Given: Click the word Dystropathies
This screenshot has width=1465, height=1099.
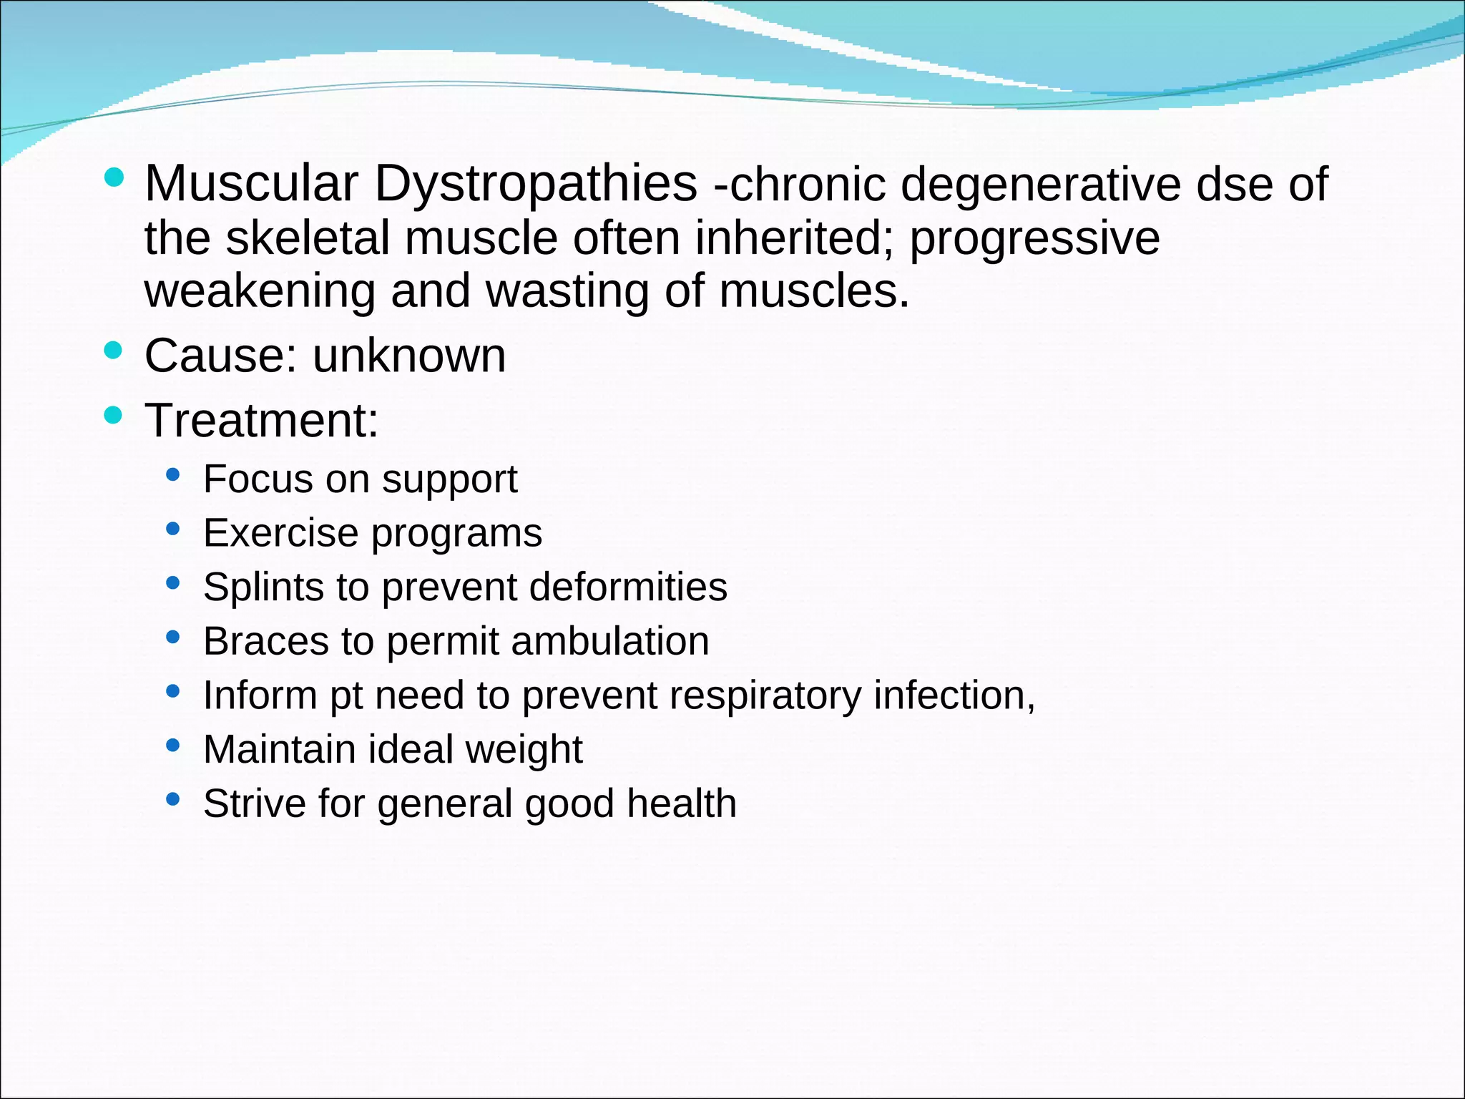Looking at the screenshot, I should (535, 184).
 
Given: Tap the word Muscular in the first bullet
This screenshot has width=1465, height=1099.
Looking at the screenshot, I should (251, 184).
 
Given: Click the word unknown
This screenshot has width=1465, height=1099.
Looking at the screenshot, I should (409, 356).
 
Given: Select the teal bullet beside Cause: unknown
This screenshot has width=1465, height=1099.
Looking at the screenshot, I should (113, 351).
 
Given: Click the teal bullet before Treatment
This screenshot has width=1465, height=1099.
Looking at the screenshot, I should (113, 415).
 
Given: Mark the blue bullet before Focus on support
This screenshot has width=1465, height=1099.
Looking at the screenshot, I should (172, 474).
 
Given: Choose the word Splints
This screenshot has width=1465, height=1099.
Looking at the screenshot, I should (264, 587).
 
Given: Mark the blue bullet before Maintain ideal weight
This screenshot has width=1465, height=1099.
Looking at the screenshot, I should (172, 745).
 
